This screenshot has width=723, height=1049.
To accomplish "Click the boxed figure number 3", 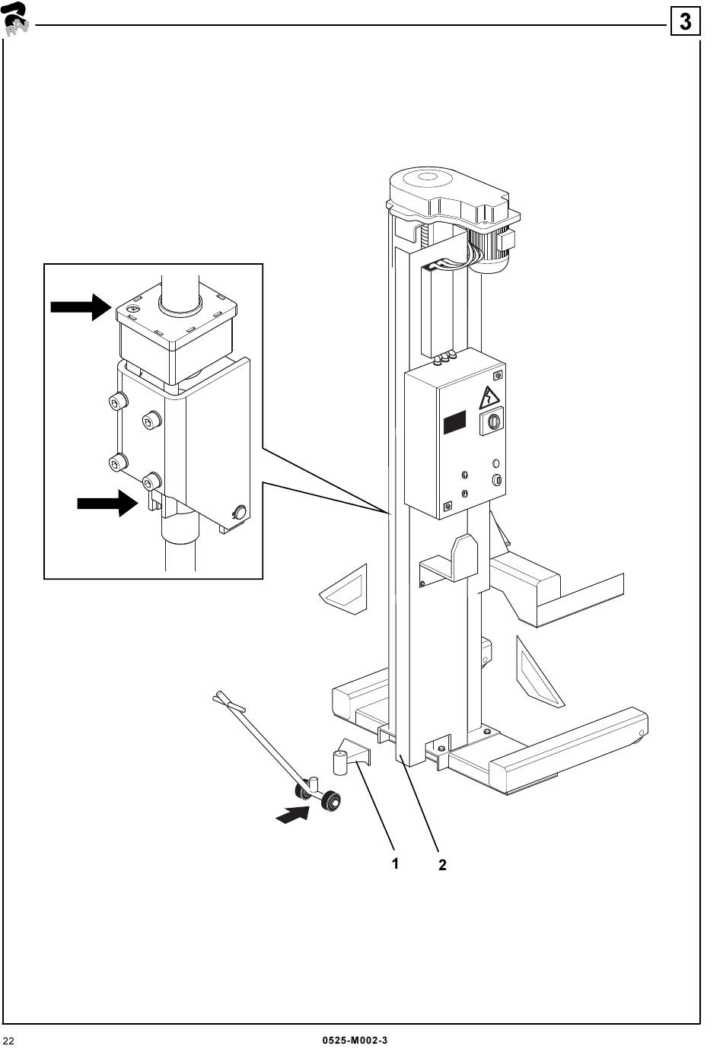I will [x=685, y=21].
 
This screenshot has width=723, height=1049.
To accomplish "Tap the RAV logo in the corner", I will [x=15, y=18].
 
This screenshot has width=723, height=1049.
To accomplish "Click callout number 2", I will [x=442, y=865].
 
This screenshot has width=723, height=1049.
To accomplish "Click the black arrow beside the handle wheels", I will [x=292, y=815].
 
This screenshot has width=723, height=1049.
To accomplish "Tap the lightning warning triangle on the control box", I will [x=487, y=398].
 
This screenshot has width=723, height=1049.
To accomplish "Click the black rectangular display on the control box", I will [x=454, y=422].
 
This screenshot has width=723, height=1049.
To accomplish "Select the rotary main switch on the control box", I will [x=490, y=422].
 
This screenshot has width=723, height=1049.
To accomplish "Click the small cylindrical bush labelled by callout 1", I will [x=339, y=761].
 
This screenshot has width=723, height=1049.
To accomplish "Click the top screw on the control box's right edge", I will [x=498, y=375].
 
